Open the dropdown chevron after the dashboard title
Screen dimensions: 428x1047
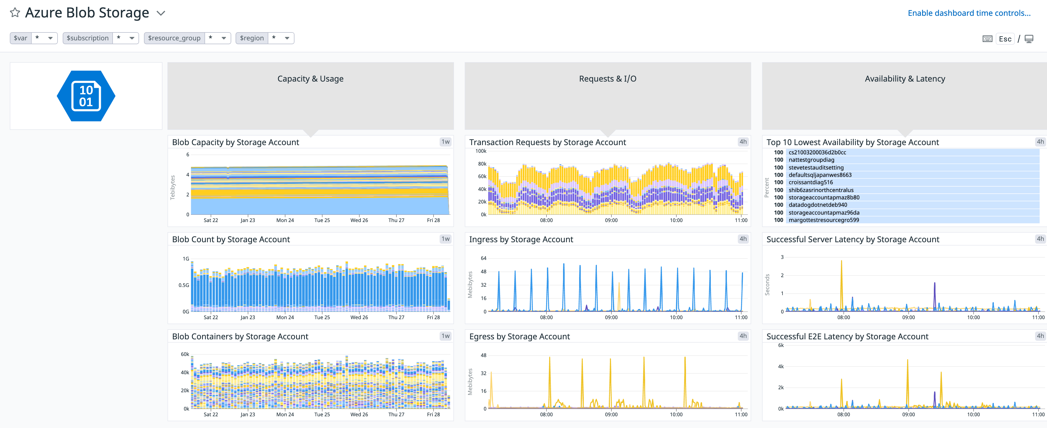[161, 13]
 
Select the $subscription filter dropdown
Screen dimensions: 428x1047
[126, 38]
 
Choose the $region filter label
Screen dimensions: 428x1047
[252, 38]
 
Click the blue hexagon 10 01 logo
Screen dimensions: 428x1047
[86, 96]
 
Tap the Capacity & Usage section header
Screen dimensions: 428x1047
[310, 79]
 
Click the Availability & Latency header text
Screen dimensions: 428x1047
[904, 79]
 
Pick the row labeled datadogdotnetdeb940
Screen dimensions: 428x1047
[817, 205]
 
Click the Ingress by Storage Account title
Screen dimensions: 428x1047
[521, 240]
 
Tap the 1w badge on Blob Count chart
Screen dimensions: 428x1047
[445, 239]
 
